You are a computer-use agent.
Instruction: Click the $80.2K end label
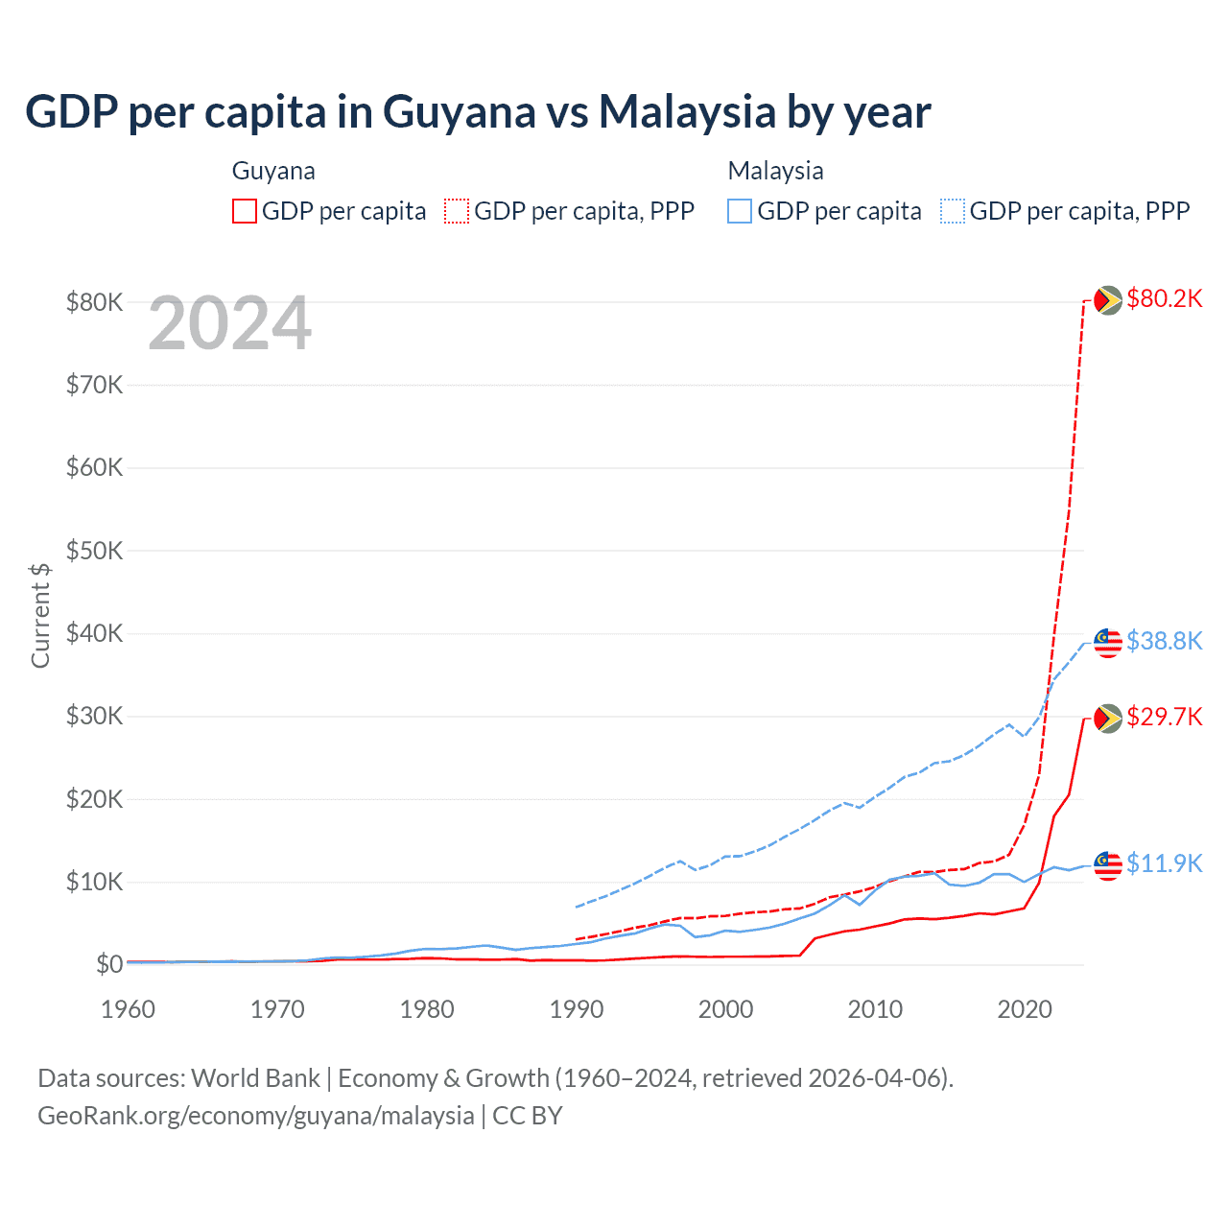[x=1164, y=298]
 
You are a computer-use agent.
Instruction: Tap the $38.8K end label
[x=1164, y=641]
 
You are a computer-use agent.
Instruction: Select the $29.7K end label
[x=1164, y=717]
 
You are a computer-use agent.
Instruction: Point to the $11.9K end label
[x=1164, y=863]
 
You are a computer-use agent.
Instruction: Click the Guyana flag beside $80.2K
[x=1108, y=300]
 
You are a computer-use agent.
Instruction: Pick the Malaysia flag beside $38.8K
[x=1108, y=643]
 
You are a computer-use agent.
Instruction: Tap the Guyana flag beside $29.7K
[x=1108, y=719]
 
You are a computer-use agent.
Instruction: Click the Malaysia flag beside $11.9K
[x=1108, y=865]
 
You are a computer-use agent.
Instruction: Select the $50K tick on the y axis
[x=94, y=551]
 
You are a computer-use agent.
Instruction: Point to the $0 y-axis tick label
[x=108, y=964]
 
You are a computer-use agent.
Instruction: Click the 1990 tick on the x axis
[x=577, y=1009]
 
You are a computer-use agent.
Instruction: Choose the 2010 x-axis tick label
[x=875, y=1009]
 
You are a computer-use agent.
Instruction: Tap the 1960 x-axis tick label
[x=129, y=1009]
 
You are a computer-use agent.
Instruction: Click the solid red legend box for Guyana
[x=245, y=211]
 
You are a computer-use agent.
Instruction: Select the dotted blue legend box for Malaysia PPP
[x=953, y=211]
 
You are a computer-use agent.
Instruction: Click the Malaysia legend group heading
[x=775, y=171]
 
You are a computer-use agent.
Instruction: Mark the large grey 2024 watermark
[x=229, y=323]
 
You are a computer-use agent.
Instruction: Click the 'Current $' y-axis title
[x=40, y=615]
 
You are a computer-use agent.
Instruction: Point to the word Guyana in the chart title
[x=459, y=112]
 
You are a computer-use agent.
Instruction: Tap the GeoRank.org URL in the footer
[x=256, y=1116]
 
